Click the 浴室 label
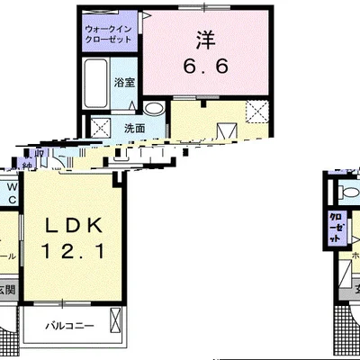124,83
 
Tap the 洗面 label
134,127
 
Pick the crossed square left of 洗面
98,127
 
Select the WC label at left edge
11,193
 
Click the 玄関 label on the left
6,289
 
